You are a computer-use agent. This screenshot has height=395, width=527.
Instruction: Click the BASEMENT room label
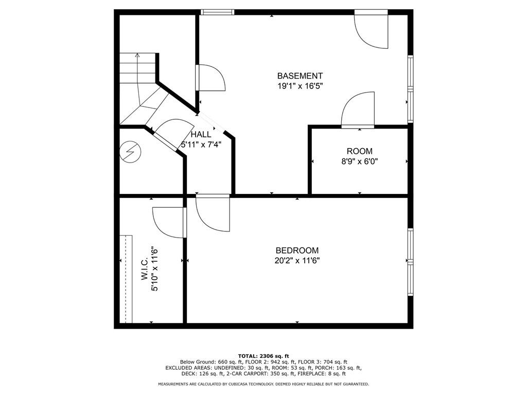[300, 76]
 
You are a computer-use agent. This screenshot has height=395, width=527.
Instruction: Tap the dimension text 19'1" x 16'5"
[300, 86]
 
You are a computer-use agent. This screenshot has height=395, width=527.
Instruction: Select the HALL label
[201, 134]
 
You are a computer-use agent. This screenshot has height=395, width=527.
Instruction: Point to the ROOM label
[359, 151]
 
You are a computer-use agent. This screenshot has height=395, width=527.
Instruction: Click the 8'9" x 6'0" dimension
[359, 161]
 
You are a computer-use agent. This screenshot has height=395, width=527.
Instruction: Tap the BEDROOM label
[297, 250]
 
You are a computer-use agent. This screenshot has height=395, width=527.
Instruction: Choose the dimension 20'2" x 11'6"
[297, 261]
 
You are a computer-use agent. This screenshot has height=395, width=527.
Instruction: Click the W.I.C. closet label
[144, 269]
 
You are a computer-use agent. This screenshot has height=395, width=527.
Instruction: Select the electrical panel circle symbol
[129, 152]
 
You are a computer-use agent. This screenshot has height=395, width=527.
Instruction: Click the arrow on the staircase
[137, 55]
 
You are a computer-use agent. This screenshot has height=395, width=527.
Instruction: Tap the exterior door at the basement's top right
[372, 30]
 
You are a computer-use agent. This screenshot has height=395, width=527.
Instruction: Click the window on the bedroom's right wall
[410, 262]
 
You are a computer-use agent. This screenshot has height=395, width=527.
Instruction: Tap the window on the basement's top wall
[217, 12]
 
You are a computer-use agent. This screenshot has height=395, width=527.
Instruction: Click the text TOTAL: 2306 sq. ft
[263, 356]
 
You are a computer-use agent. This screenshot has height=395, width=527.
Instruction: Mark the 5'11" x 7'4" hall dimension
[201, 145]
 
